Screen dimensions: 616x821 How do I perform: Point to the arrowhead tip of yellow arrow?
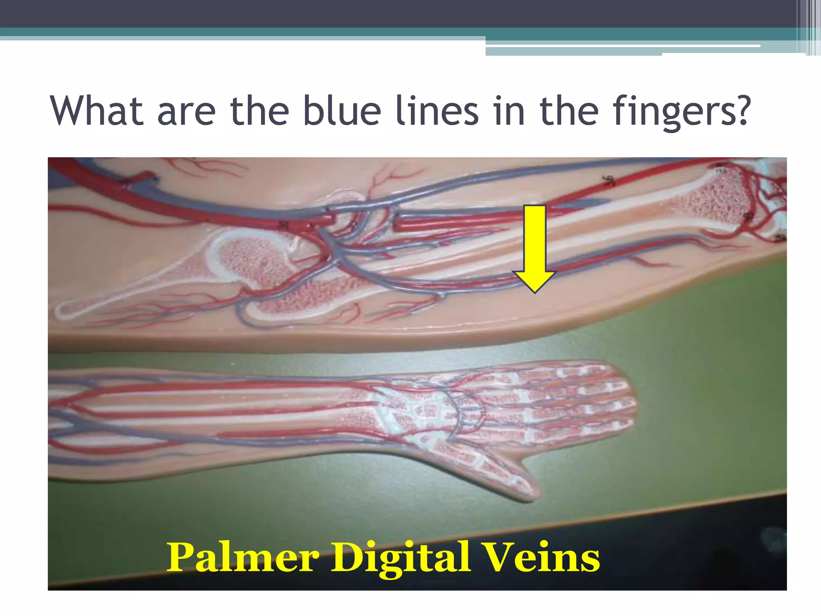click(x=535, y=292)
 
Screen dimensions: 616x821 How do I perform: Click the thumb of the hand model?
click(x=509, y=477)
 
